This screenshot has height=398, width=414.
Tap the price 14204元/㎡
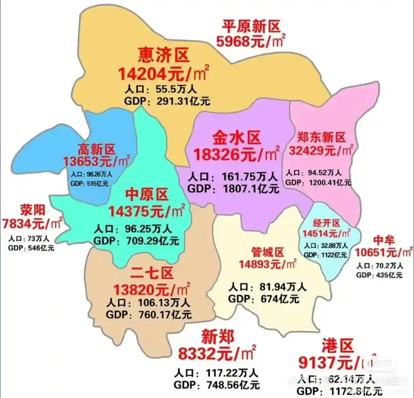point(164,74)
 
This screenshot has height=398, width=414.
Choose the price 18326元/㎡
point(237,154)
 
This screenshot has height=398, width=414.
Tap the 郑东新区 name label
point(321,137)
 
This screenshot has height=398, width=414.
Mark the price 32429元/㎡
point(321,149)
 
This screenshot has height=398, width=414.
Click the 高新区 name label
point(97,149)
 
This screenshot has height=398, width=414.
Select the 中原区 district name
point(147,194)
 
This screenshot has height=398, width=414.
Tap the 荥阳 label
point(33,208)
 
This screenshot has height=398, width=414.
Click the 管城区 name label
point(268,253)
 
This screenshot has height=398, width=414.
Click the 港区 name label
point(337,344)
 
